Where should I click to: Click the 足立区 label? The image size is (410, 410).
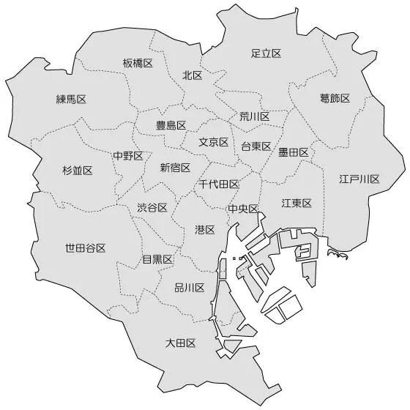tap(266, 53)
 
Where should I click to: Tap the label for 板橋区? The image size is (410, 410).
tap(138, 63)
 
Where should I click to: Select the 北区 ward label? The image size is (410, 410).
tap(193, 75)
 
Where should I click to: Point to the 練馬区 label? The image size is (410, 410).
tap(71, 99)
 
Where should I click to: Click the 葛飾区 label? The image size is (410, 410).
tap(335, 98)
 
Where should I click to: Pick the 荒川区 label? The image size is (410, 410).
tap(254, 116)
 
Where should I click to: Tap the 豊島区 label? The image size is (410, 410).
tap(171, 125)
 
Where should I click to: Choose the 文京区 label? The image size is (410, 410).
tap(214, 142)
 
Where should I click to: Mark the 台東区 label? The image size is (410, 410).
tap(256, 146)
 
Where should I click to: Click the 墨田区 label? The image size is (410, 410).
tap(293, 152)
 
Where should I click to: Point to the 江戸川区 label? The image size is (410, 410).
tap(359, 179)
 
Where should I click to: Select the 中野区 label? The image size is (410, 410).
tap(127, 155)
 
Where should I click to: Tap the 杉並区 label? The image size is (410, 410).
tap(78, 171)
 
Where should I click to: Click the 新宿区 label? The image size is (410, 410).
tap(175, 168)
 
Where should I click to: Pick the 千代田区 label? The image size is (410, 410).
tap(219, 184)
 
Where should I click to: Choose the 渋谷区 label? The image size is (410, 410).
tap(152, 207)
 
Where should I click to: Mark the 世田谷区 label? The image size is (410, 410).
tap(86, 248)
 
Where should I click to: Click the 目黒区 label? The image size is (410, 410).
tap(157, 259)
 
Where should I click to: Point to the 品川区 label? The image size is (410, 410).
tap(189, 288)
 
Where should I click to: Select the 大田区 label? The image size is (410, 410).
tap(180, 343)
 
